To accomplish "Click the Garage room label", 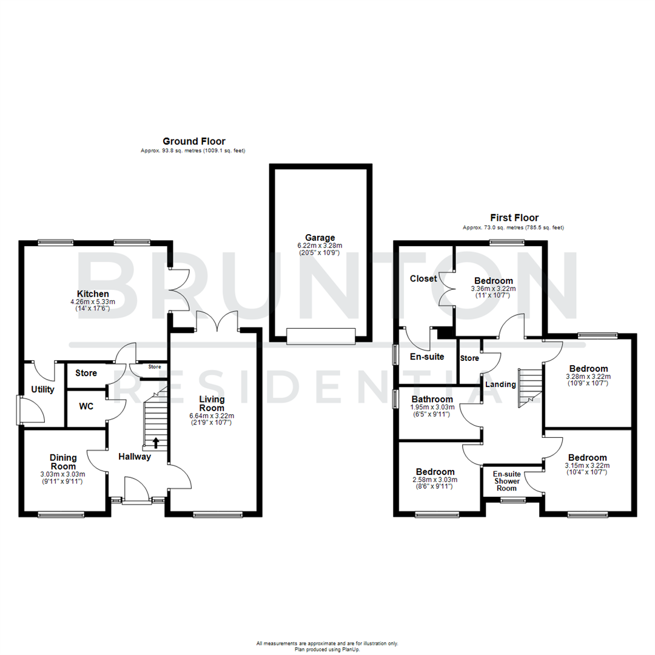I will click(320, 238).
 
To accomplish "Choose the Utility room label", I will click(43, 389).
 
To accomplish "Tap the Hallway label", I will click(134, 457).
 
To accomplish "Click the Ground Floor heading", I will click(194, 141).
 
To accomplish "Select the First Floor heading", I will click(514, 218).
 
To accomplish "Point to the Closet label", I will click(423, 279).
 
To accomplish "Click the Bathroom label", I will click(432, 399).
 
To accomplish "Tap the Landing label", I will click(500, 385).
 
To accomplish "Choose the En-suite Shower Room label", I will click(506, 482).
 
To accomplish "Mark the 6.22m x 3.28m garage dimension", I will click(320, 246).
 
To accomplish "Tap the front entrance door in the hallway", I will click(137, 490).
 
